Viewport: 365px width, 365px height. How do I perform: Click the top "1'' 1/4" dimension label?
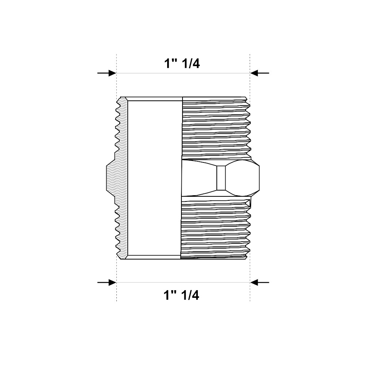pyautogui.click(x=182, y=63)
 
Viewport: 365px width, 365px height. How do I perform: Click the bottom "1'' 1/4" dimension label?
pyautogui.click(x=181, y=295)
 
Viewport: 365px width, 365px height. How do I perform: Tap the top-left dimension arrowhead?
pyautogui.click(x=112, y=73)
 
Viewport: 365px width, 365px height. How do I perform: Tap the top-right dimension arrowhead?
pyautogui.click(x=254, y=73)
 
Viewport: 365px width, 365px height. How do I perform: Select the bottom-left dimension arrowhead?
pyautogui.click(x=112, y=283)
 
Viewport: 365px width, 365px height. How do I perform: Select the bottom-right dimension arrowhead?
pyautogui.click(x=254, y=283)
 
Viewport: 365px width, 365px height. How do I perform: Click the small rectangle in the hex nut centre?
pyautogui.click(x=221, y=178)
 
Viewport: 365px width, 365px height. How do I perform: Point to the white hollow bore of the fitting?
pyautogui.click(x=154, y=178)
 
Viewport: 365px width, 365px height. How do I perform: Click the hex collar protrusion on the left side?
pyautogui.click(x=111, y=178)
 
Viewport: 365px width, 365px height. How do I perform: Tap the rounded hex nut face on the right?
pyautogui.click(x=242, y=178)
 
